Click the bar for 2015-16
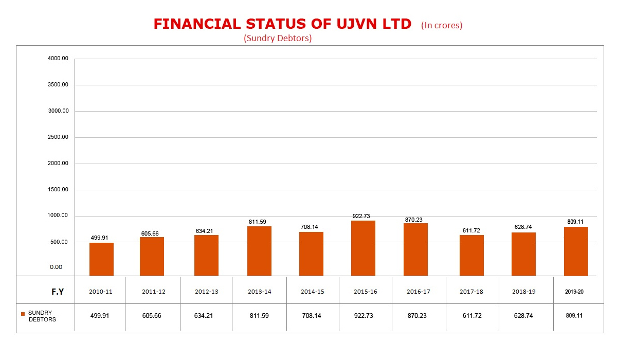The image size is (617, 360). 363,248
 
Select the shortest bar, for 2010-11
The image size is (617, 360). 101,259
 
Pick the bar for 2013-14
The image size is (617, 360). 259,251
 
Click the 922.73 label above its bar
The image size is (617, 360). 361,216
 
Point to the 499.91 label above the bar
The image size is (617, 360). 100,238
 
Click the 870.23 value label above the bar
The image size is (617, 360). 413,220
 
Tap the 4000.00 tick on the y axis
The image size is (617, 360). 58,59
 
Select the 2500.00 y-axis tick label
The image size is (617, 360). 58,137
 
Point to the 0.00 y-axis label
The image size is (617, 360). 56,267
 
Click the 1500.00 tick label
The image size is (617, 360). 58,190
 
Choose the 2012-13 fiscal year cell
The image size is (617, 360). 206,292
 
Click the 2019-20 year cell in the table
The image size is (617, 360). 574,292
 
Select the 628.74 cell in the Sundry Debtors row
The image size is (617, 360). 523,316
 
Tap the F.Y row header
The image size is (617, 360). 57,292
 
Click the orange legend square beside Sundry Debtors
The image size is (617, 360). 23,314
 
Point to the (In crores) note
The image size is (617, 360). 442,25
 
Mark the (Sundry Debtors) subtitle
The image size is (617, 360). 278,38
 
